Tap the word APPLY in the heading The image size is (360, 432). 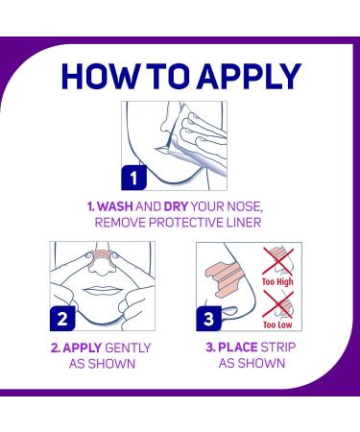[x=249, y=76]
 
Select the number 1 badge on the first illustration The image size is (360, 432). [x=133, y=178]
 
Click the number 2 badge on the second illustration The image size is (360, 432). [x=62, y=319]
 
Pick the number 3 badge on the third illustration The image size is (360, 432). [x=208, y=319]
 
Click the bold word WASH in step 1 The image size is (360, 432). [x=115, y=206]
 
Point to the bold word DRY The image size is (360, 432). [x=176, y=206]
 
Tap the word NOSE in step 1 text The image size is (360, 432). [x=245, y=206]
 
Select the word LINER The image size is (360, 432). [x=244, y=223]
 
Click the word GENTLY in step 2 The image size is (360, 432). [x=128, y=348]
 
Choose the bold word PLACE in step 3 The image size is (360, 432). [x=238, y=348]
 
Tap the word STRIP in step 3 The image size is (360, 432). [x=278, y=348]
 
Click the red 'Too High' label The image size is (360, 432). [x=277, y=282]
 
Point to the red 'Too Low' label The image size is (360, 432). [x=277, y=324]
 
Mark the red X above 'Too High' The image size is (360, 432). [x=277, y=261]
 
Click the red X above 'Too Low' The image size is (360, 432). [x=277, y=304]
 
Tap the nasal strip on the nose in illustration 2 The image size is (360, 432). [x=102, y=256]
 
